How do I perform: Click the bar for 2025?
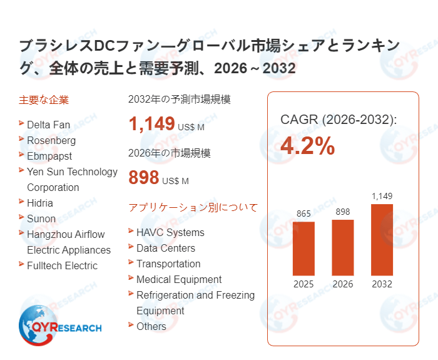303,249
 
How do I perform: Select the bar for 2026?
343,247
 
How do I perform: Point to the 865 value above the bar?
303,214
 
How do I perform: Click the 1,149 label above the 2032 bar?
382,197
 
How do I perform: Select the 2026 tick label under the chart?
343,284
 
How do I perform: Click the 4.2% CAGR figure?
307,146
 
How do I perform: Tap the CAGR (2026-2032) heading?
338,120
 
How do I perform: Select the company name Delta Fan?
48,125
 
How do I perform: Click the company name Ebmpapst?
49,156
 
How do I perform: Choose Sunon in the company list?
41,219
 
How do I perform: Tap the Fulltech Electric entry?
62,265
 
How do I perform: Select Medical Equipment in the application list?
179,279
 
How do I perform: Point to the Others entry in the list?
151,326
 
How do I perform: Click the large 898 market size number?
144,178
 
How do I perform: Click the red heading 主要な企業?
44,100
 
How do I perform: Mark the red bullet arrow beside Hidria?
22,202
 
